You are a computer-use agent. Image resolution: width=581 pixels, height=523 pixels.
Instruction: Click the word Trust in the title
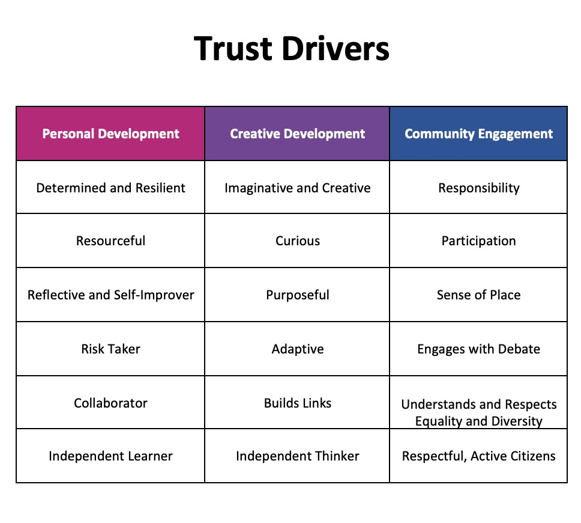[x=233, y=49]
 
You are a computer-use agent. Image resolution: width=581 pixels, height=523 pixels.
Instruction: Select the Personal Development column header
[x=110, y=133]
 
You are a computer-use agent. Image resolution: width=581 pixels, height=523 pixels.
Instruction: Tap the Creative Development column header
[x=297, y=133]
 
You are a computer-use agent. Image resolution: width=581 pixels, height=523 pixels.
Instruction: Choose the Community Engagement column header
[x=478, y=133]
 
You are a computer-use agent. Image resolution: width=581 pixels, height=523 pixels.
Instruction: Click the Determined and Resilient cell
[x=110, y=188]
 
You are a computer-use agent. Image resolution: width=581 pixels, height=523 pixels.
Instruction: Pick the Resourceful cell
[x=110, y=240]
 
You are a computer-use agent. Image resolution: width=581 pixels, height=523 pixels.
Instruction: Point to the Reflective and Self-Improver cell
[x=110, y=295]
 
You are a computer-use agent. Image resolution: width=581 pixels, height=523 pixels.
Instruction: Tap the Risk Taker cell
[x=110, y=349]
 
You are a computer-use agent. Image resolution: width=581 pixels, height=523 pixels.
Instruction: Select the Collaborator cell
[x=110, y=403]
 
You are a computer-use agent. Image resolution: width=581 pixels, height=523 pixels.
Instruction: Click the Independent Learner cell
[x=110, y=456]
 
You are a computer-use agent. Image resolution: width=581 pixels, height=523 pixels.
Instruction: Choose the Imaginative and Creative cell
[x=297, y=188]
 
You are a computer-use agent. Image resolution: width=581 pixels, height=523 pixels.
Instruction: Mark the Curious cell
[x=297, y=240]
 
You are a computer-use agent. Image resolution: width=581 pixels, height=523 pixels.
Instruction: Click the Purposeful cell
[x=297, y=295]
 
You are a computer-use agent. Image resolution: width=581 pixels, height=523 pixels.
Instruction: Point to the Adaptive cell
[x=297, y=349]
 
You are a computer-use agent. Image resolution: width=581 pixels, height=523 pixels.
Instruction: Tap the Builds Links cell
[x=297, y=403]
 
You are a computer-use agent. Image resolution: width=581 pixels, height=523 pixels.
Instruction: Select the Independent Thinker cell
[x=297, y=456]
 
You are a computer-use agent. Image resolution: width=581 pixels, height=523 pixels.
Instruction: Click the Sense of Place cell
[x=478, y=295]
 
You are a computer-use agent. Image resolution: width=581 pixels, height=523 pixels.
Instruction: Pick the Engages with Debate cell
[x=478, y=349]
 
